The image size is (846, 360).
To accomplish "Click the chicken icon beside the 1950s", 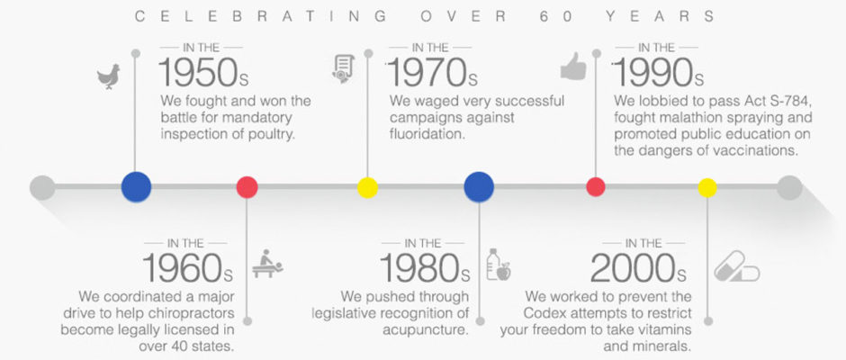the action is coord(108,76).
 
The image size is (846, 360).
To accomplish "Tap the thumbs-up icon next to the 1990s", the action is coord(573,67).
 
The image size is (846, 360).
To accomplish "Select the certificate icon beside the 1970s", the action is coord(343,68).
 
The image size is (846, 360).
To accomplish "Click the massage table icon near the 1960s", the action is coord(267,264).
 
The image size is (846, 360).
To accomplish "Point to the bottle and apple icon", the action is coord(498,265).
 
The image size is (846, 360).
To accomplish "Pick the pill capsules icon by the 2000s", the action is coord(736,266).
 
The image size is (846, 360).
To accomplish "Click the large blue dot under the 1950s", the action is coord(136,186).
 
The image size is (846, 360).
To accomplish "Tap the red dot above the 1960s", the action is coord(247,187).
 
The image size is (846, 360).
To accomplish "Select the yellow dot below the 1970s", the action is coord(367,187).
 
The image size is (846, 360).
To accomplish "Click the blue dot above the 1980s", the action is coord(479,186).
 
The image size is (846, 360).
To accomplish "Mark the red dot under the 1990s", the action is coord(596,187).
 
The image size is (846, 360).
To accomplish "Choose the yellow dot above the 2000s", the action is coord(707,187).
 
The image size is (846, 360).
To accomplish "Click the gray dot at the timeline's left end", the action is coord(42,187).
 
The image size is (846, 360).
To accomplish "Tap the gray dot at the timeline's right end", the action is coord(789,187).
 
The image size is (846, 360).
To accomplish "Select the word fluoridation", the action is coord(427,133).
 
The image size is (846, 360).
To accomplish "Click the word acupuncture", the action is coord(425,329).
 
